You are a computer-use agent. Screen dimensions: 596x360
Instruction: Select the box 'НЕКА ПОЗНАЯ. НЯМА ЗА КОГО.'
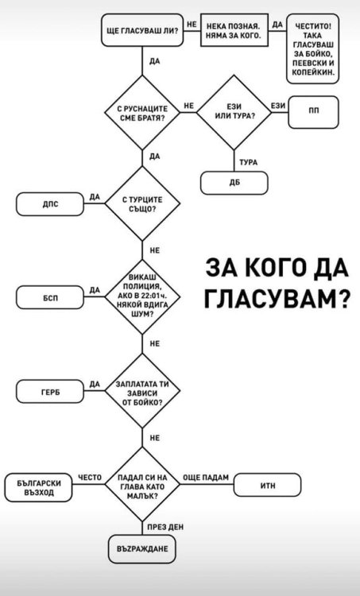coord(233,32)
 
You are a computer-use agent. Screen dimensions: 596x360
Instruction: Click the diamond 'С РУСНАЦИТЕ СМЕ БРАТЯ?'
coord(141,111)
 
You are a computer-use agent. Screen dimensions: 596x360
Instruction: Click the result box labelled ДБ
coord(234,182)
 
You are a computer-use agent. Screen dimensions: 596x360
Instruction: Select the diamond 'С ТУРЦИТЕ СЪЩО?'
coord(140,203)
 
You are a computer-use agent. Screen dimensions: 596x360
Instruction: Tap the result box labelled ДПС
coord(49,203)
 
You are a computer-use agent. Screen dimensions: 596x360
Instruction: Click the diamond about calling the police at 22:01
coord(140,296)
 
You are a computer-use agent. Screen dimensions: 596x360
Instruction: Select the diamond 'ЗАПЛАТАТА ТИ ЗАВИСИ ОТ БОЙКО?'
coord(140,392)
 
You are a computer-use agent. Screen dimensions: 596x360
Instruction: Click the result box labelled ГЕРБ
coord(49,392)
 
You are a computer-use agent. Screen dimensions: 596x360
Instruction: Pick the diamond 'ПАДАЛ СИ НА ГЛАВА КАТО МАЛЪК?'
coord(140,485)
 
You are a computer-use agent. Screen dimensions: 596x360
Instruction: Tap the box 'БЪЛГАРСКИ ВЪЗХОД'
coord(41,486)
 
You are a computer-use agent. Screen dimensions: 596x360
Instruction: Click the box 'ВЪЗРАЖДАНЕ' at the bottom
coord(140,549)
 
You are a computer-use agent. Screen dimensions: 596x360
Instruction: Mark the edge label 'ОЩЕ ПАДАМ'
coord(205,476)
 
